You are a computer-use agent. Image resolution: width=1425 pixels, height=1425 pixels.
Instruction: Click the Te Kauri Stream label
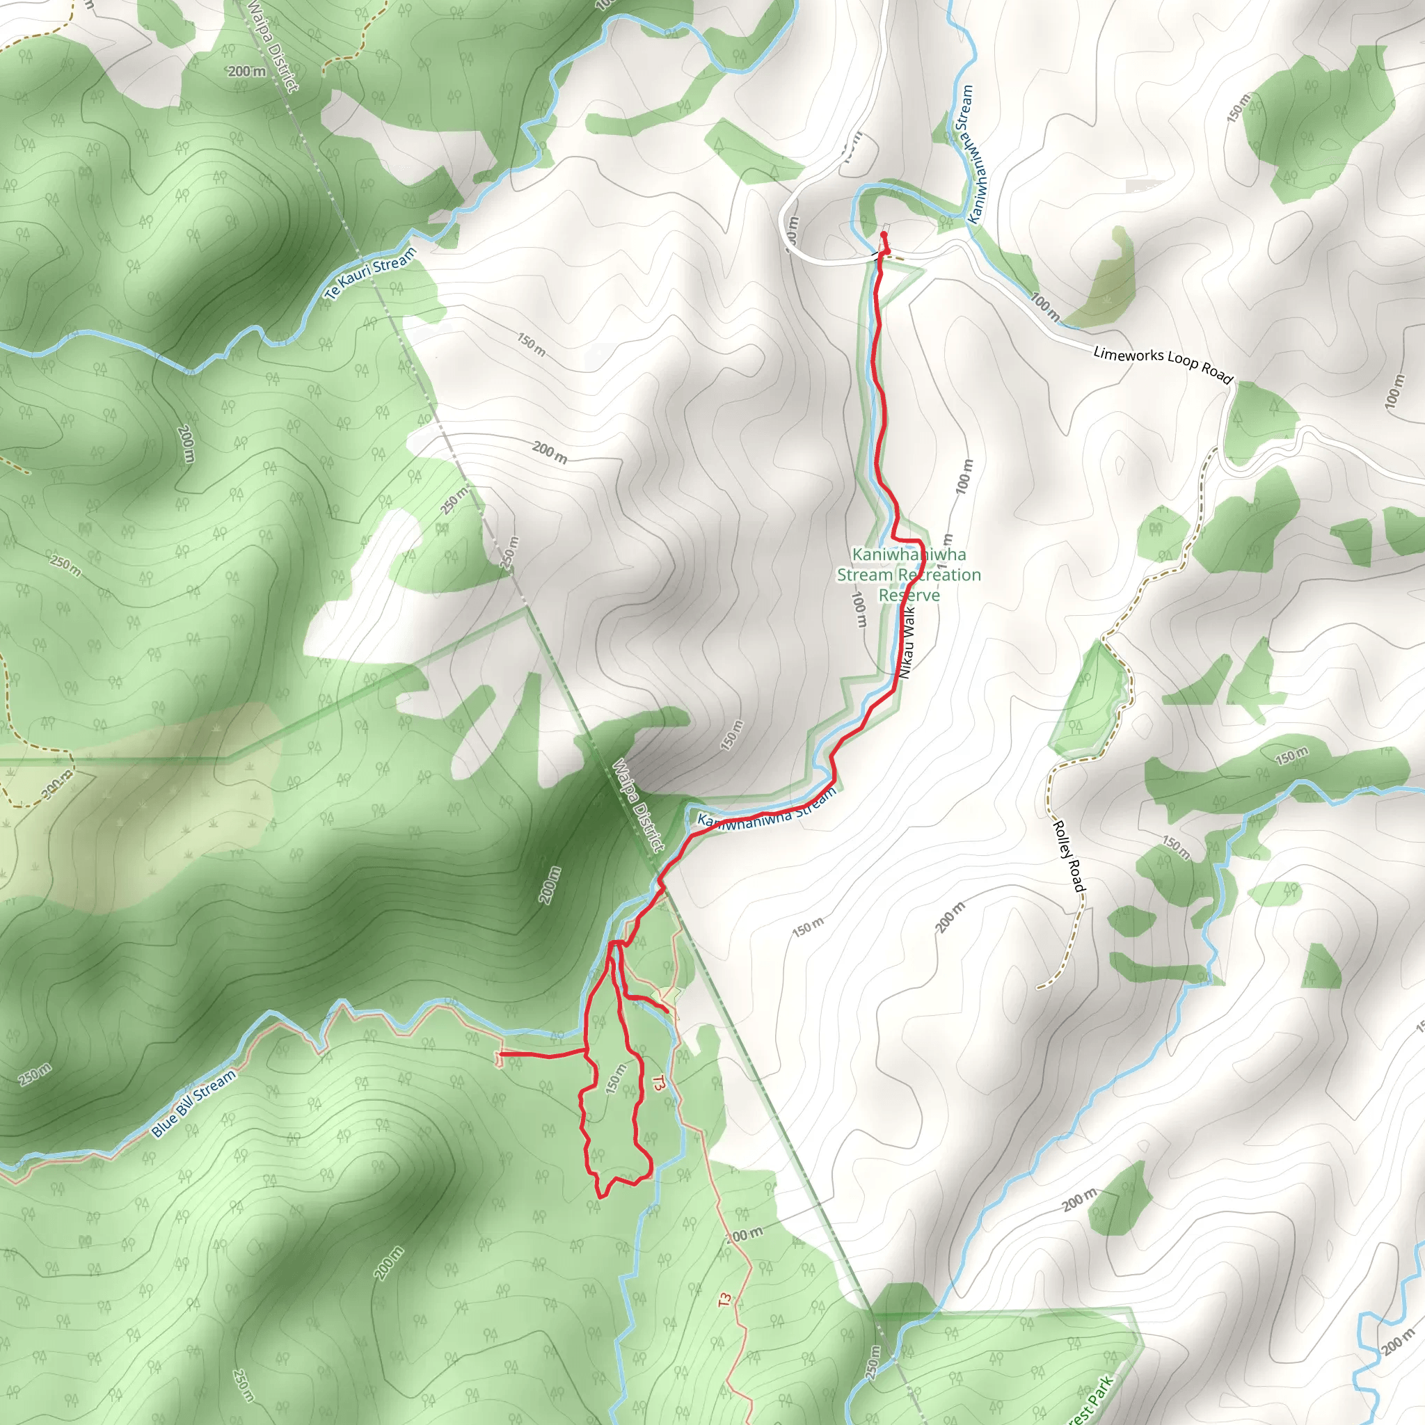point(370,273)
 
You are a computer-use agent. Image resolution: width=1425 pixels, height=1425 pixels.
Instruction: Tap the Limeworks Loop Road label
point(1163,365)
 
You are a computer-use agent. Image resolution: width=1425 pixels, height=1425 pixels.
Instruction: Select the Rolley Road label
point(1069,856)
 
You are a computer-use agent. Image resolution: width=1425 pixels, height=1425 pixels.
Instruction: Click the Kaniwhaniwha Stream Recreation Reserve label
point(909,575)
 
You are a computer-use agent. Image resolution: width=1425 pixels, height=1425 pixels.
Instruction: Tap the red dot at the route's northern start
point(884,235)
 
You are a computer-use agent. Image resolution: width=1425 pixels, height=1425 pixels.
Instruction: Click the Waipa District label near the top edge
point(273,46)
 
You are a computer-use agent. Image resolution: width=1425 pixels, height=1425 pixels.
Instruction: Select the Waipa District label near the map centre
point(639,806)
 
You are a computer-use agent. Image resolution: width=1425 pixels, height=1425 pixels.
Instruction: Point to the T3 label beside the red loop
point(659,1083)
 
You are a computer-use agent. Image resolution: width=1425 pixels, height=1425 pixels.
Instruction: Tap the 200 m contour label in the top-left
point(246,72)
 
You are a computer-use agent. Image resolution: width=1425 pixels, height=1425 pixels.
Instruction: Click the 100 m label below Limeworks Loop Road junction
point(1045,307)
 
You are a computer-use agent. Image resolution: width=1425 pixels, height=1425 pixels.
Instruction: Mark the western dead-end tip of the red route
point(499,1056)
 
